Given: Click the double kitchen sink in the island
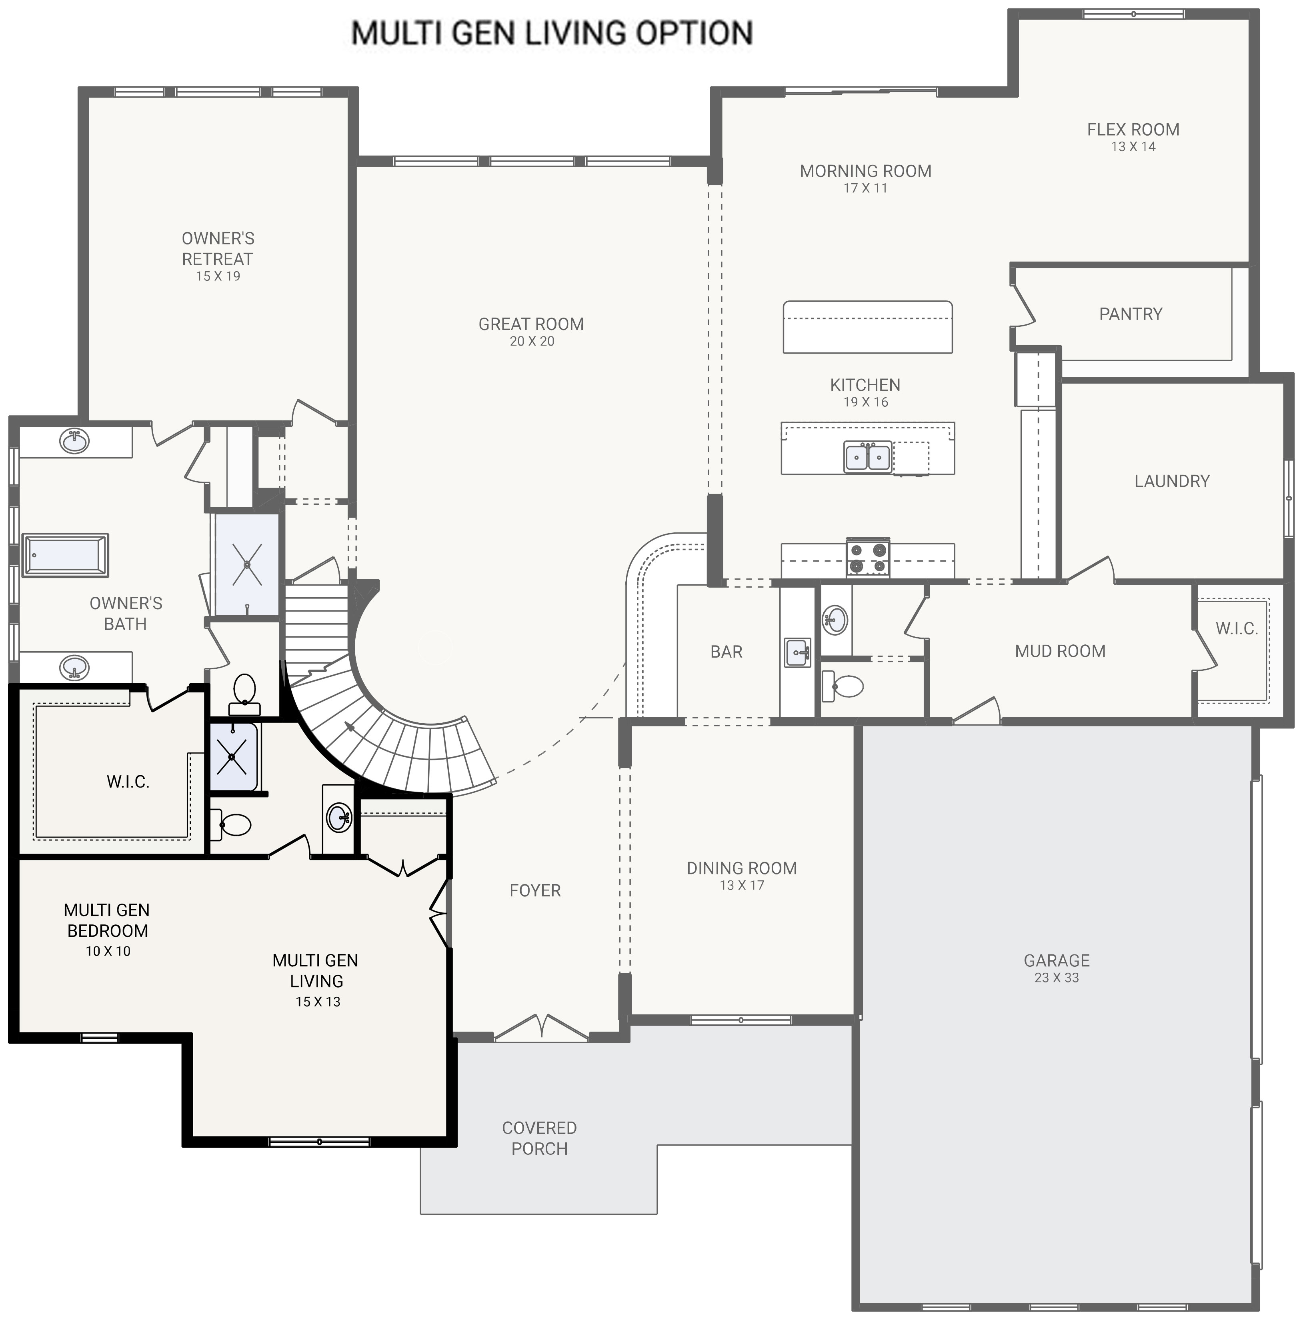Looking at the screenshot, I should coord(868,456).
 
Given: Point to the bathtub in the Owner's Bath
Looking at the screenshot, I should coord(66,555).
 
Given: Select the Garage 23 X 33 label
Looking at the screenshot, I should coord(1056,968).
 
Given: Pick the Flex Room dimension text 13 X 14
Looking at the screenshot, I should coord(1133,147).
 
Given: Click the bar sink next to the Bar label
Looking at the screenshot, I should coord(797,652).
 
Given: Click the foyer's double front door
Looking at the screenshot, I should coord(541,1028).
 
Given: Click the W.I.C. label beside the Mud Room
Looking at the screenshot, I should coord(1236,628).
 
